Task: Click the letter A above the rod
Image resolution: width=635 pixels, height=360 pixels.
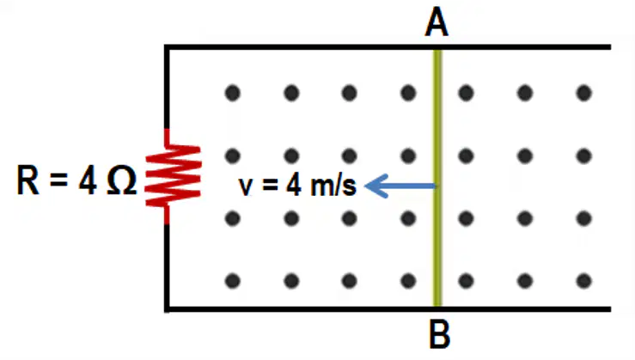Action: click(x=437, y=22)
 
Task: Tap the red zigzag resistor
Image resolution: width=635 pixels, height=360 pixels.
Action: click(x=173, y=176)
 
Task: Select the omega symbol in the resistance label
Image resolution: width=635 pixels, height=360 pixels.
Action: click(x=122, y=180)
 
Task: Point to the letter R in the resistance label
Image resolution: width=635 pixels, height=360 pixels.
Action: click(x=28, y=180)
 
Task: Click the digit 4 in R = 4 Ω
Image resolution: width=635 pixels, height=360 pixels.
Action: click(x=88, y=180)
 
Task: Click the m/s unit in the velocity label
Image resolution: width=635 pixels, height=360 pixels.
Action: click(x=333, y=186)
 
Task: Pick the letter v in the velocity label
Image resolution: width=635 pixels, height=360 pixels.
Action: click(x=246, y=186)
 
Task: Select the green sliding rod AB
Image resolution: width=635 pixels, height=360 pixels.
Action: click(x=437, y=178)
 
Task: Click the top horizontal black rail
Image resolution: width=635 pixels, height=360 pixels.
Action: click(x=388, y=47)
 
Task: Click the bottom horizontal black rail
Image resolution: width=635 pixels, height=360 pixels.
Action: click(x=388, y=309)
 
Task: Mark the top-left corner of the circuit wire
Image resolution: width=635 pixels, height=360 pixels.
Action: click(x=167, y=47)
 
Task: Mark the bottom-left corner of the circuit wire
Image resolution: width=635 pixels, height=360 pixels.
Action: click(x=167, y=309)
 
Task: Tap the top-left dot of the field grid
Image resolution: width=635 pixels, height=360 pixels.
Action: click(x=233, y=93)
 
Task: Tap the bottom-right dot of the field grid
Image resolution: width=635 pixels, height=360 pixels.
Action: click(x=583, y=281)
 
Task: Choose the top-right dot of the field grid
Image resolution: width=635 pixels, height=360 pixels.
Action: click(x=583, y=93)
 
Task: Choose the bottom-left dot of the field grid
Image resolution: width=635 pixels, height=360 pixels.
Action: click(x=233, y=281)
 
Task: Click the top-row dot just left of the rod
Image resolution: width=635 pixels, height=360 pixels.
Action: click(x=408, y=93)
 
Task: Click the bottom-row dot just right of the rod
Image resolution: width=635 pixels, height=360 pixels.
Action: click(x=466, y=281)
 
